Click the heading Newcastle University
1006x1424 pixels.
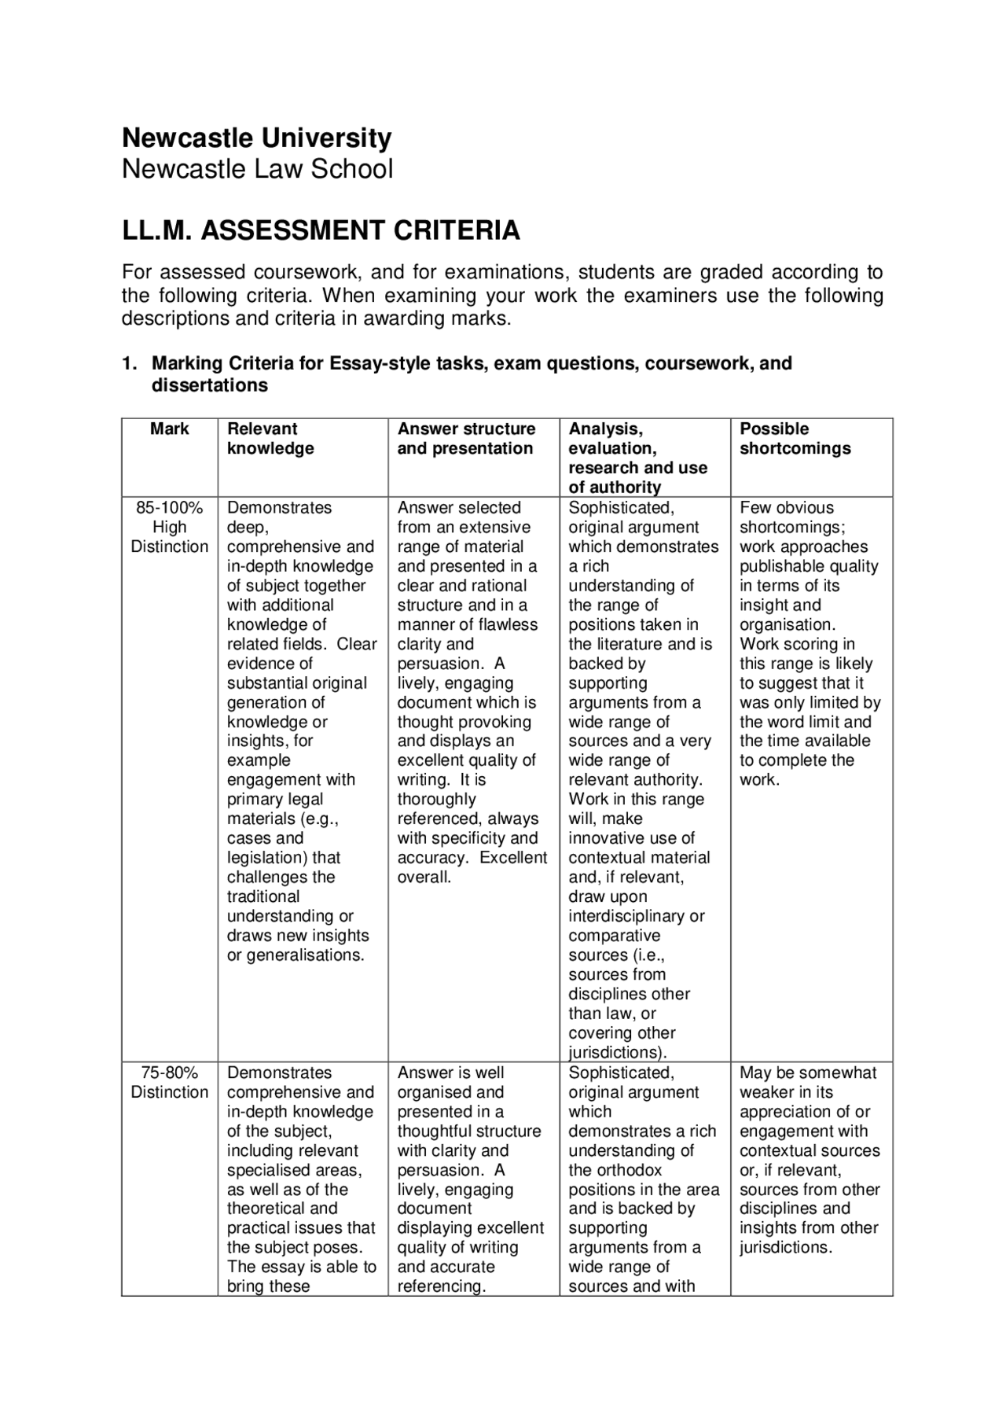256,138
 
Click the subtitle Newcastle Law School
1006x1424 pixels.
257,169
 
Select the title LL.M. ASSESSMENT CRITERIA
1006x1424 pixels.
321,231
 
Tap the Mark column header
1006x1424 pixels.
170,429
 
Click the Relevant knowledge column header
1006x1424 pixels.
270,439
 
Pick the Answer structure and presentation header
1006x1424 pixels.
466,439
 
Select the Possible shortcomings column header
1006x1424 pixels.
795,439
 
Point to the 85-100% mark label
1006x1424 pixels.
170,508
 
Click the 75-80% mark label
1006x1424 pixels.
170,1073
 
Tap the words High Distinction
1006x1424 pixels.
170,537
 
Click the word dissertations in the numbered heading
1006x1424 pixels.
210,386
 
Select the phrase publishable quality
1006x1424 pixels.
809,566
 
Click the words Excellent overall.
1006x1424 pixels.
472,867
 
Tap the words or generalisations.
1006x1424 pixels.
296,955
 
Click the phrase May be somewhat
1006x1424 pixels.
808,1073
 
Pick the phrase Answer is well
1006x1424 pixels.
450,1073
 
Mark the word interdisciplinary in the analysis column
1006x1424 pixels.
637,917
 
